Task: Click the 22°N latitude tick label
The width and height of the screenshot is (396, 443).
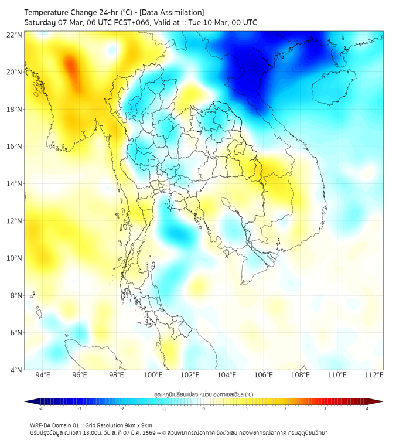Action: (14, 35)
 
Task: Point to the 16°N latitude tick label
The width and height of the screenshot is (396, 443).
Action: (14, 146)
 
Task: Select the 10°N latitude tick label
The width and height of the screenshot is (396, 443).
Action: (14, 258)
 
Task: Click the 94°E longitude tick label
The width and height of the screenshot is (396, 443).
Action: (43, 375)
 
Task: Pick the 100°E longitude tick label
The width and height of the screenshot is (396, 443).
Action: (153, 375)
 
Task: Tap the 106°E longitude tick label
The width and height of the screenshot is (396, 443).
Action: (264, 375)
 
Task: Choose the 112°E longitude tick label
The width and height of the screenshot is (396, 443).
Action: (374, 375)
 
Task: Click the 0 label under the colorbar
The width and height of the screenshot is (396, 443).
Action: (204, 408)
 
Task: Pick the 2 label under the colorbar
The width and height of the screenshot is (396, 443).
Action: (285, 408)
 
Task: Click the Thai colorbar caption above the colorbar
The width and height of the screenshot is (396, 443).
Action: (203, 394)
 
